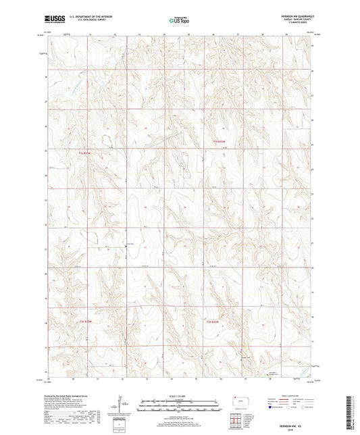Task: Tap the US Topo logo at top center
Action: tap(177, 21)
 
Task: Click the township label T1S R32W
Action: tap(213, 140)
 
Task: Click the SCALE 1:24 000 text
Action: tap(179, 396)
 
